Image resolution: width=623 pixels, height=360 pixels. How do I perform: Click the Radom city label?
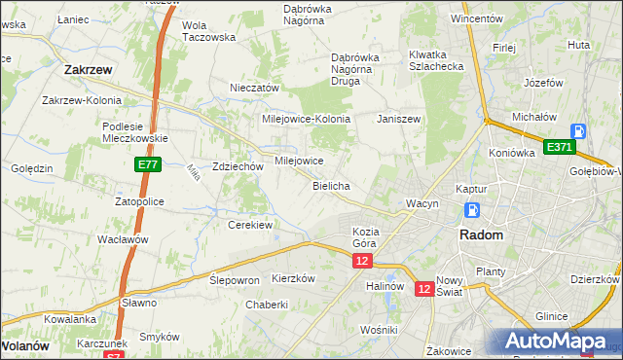click(481, 235)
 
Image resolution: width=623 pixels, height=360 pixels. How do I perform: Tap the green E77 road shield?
click(148, 166)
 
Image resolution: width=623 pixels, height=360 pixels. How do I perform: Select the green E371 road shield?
click(560, 147)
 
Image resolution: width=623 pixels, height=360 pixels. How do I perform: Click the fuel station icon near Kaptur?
click(472, 210)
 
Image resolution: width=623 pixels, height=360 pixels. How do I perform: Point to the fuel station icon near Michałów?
click(578, 130)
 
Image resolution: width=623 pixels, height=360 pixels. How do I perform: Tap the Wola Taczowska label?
click(209, 30)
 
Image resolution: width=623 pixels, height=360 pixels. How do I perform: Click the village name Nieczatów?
click(254, 88)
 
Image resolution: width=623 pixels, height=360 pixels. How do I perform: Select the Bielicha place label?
click(331, 185)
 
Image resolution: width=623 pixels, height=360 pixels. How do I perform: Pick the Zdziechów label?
click(238, 166)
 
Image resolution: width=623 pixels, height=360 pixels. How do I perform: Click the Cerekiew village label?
click(249, 225)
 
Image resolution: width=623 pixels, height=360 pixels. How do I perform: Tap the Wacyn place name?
click(422, 203)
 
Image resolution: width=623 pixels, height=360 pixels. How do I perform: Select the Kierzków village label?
click(294, 277)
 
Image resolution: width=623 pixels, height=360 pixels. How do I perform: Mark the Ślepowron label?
click(235, 278)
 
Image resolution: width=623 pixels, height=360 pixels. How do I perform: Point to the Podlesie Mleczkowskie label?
click(136, 132)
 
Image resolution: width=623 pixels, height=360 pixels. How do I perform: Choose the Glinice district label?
click(551, 317)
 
